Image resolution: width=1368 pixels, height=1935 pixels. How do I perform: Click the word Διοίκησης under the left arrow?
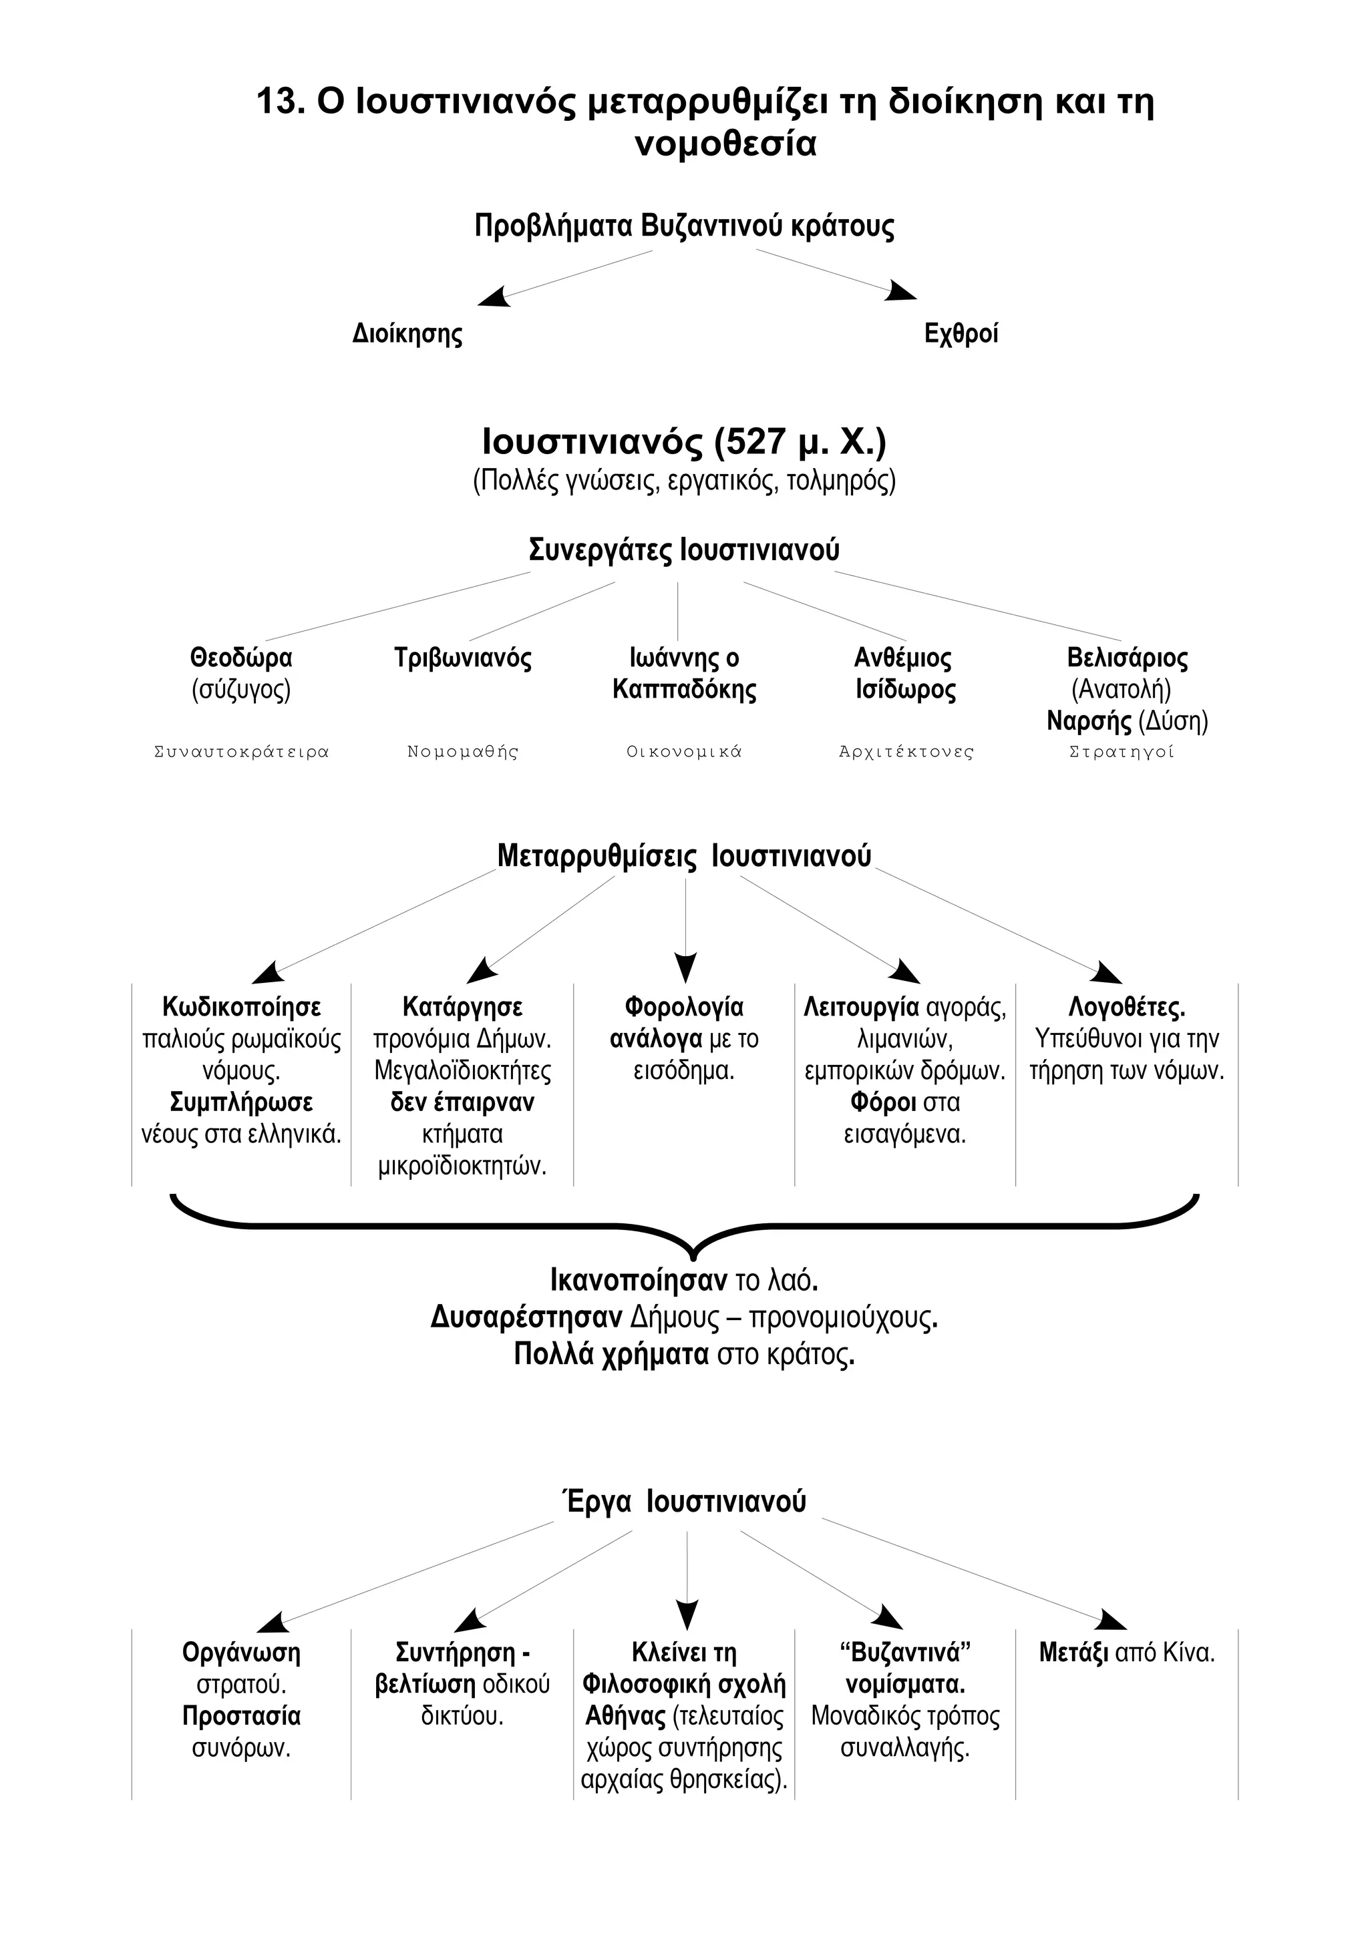pyautogui.click(x=407, y=335)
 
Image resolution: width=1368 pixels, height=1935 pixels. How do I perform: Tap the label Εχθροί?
pyautogui.click(x=961, y=334)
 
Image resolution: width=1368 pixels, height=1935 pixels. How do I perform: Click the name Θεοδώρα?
pyautogui.click(x=241, y=658)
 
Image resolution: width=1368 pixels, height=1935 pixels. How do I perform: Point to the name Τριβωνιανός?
pyautogui.click(x=463, y=658)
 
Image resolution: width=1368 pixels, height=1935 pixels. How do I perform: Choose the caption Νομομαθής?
pyautogui.click(x=463, y=752)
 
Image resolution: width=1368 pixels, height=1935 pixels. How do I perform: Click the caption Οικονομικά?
pyautogui.click(x=683, y=752)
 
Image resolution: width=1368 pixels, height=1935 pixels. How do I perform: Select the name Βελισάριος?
pyautogui.click(x=1127, y=658)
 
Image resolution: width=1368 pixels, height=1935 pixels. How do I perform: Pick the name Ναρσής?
pyautogui.click(x=1088, y=721)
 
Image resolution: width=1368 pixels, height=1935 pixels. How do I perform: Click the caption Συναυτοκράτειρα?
pyautogui.click(x=241, y=752)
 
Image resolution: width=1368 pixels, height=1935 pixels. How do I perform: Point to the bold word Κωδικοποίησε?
pyautogui.click(x=241, y=1007)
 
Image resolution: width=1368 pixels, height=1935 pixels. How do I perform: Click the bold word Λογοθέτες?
pyautogui.click(x=1127, y=1007)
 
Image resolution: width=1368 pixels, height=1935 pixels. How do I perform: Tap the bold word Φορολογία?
pyautogui.click(x=683, y=1007)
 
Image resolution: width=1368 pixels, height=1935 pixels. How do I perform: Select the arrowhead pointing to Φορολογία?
pyautogui.click(x=686, y=967)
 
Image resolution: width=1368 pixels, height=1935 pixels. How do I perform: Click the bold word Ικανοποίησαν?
pyautogui.click(x=638, y=1281)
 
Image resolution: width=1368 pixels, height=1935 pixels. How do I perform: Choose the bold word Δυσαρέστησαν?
pyautogui.click(x=526, y=1317)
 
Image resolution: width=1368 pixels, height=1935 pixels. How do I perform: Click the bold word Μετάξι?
pyautogui.click(x=1073, y=1653)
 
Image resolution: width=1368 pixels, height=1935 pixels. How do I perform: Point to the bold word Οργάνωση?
pyautogui.click(x=241, y=1653)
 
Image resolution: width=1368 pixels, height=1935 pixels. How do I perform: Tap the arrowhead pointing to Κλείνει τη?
pyautogui.click(x=687, y=1613)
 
